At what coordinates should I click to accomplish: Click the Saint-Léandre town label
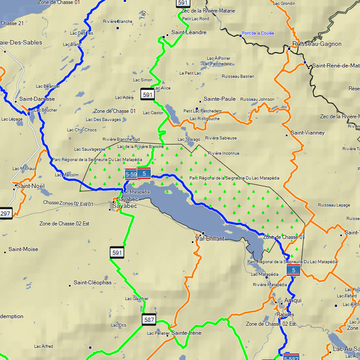(189, 32)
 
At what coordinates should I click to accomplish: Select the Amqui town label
(293, 300)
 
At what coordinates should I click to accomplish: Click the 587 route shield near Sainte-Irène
(149, 319)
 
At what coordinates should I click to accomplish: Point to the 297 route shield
(5, 213)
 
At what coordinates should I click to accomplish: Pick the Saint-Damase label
(37, 99)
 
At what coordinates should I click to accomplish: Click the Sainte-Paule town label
(220, 99)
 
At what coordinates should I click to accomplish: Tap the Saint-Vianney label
(308, 133)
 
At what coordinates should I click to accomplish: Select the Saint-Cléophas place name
(92, 283)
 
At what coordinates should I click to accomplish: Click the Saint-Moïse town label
(23, 249)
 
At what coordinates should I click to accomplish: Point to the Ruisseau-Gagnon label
(317, 44)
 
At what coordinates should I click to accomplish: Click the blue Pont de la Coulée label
(258, 33)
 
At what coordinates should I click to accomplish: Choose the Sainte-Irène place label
(186, 333)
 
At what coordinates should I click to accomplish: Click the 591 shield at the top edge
(182, 3)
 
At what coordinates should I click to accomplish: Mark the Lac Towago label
(189, 139)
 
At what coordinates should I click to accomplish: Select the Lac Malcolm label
(67, 175)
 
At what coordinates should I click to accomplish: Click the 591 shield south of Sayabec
(117, 253)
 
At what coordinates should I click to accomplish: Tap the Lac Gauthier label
(137, 299)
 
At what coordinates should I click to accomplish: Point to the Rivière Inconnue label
(224, 153)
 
